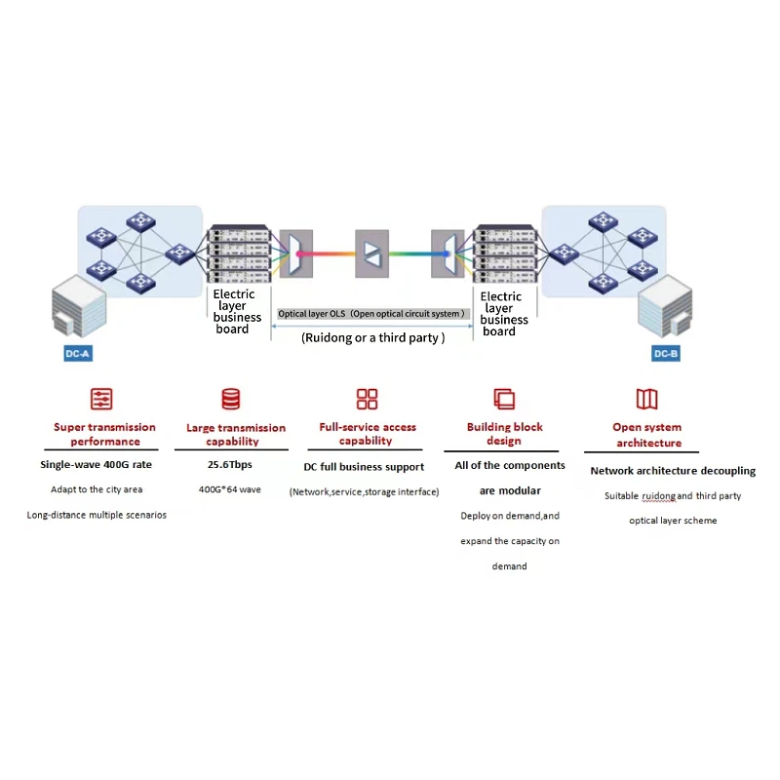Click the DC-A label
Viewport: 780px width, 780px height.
77,353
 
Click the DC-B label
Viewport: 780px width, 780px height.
666,353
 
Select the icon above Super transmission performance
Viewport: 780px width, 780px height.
101,399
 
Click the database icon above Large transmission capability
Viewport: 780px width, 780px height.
231,399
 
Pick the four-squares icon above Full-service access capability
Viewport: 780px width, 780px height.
367,399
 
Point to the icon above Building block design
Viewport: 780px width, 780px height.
504,399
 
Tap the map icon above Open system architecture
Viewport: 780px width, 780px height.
646,399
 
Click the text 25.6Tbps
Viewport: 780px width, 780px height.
230,464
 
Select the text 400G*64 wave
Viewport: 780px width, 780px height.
230,489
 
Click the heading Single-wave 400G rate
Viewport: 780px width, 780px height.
96,464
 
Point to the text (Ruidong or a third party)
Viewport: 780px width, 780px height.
373,337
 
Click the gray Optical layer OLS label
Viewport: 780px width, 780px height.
371,314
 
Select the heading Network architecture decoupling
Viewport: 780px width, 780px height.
673,471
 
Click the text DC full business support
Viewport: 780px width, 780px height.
364,467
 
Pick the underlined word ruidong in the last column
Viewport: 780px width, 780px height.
659,496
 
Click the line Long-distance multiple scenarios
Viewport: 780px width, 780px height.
97,514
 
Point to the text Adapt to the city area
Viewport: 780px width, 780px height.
97,489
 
